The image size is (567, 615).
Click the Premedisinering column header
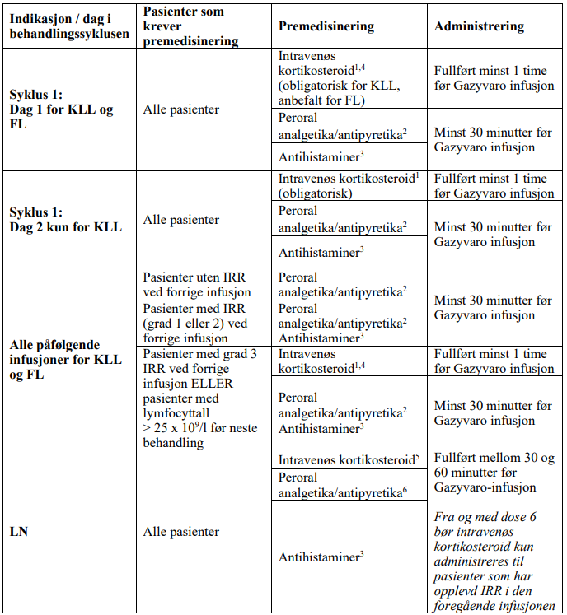point(326,26)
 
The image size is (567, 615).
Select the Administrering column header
point(479,26)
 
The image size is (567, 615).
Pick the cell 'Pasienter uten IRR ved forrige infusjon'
point(197,285)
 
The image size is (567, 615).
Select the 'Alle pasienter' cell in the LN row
point(181,532)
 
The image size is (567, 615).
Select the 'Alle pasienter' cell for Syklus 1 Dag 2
point(181,220)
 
